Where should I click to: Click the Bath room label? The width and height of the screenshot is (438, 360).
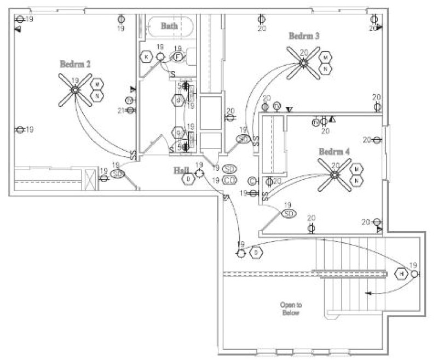pos(169,26)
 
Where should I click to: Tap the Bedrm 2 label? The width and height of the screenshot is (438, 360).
pos(76,65)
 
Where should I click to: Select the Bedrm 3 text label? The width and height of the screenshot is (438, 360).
pos(304,36)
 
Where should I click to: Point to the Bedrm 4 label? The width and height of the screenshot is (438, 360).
pos(335,151)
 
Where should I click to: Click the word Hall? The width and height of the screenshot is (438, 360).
pos(181,170)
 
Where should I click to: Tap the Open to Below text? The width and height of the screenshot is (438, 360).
pos(291,308)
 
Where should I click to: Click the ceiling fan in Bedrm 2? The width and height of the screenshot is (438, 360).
pos(75,90)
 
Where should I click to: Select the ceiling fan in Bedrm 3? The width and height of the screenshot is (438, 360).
pos(303,62)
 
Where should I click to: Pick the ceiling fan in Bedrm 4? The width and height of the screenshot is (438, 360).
pos(335,175)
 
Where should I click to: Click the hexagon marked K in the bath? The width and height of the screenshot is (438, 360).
pos(146,56)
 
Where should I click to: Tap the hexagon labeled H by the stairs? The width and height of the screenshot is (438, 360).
pos(401,273)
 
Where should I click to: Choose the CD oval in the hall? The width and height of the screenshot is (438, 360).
pos(229,180)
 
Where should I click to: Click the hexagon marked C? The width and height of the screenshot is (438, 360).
pos(252,181)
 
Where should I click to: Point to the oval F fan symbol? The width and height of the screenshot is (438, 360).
pos(178,56)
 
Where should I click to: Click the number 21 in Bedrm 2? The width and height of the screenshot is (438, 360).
pos(121,110)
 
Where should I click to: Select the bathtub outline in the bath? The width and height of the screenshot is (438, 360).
pos(170,26)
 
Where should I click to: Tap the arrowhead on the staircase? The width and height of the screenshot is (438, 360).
pos(368,294)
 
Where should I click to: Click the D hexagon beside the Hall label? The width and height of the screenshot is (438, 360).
pos(188,179)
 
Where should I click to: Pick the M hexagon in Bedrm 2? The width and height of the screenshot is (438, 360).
pos(97,84)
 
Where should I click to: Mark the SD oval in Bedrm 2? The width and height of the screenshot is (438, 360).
pos(117,174)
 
